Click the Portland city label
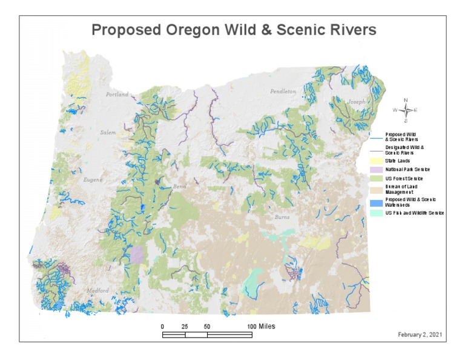click(x=117, y=95)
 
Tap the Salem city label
click(x=108, y=132)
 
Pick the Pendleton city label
click(x=283, y=91)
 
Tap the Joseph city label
click(x=356, y=102)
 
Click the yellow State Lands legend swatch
click(x=375, y=161)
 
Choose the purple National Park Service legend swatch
click(x=375, y=170)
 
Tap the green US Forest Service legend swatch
click(x=375, y=179)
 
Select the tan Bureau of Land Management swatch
click(x=375, y=190)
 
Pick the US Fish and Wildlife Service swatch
click(x=375, y=213)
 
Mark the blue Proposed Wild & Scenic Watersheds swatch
click(x=375, y=202)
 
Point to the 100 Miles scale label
click(x=262, y=326)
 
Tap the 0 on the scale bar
click(x=162, y=326)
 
